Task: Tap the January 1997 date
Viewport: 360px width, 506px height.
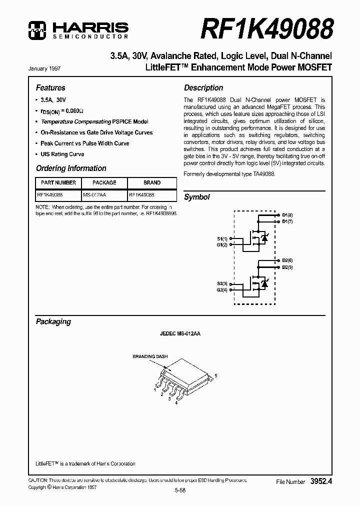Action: (46, 68)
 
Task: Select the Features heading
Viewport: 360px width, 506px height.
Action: (50, 87)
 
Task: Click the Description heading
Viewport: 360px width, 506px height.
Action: (203, 87)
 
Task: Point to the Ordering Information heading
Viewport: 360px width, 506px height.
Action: (71, 168)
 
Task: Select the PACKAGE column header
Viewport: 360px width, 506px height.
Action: (104, 183)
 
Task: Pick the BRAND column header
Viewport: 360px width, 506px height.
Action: (152, 183)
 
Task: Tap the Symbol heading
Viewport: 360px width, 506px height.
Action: (197, 197)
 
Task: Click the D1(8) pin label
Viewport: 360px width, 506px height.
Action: (287, 215)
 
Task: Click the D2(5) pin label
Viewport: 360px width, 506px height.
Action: (287, 267)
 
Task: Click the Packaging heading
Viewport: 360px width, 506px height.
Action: (53, 321)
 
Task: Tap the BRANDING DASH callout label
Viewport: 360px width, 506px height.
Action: (150, 356)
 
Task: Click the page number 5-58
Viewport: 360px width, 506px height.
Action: (180, 491)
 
